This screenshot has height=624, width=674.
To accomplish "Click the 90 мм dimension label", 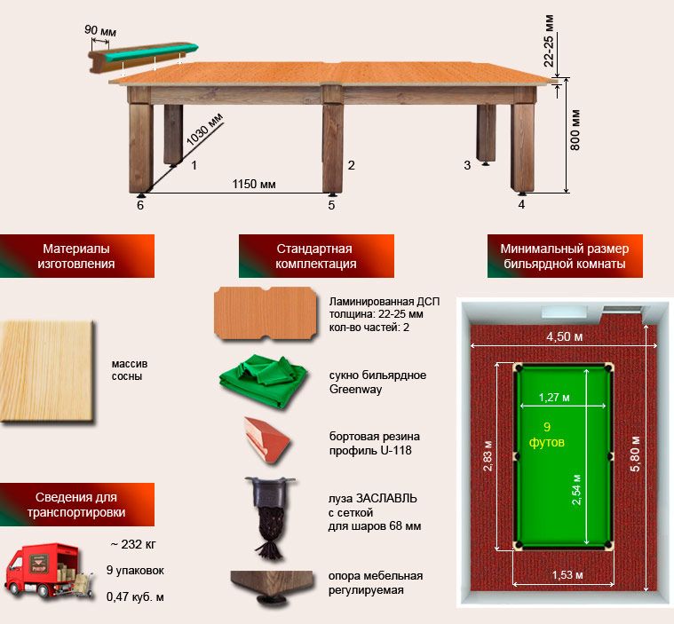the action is point(100,30).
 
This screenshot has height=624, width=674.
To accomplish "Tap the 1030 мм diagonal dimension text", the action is point(204,129).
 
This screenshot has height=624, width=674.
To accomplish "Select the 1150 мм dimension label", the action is point(254,184).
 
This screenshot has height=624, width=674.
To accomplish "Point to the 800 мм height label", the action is point(575,130).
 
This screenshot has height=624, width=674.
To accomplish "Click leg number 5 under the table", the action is point(331,205).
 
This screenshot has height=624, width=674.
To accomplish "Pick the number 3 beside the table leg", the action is point(467,165).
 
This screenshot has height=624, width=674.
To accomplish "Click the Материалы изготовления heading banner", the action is point(77,256).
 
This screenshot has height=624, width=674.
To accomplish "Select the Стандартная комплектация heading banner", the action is point(316,256).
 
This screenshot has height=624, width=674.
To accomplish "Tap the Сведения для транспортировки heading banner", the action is point(77,504).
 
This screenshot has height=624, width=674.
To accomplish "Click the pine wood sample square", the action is point(47,372).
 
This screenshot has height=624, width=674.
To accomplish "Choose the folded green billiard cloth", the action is point(263,380).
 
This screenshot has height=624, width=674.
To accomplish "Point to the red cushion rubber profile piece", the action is point(267,439).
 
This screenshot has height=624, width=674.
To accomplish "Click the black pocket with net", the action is point(269,517).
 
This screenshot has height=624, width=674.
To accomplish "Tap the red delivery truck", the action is point(48,572).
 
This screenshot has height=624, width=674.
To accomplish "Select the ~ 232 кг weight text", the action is point(133,544).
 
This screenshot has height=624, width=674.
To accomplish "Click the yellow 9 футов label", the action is point(546,434).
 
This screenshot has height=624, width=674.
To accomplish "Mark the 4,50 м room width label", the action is point(565,336).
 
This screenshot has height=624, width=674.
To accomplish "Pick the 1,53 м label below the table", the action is point(567,574).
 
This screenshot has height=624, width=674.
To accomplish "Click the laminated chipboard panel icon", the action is point(266,313).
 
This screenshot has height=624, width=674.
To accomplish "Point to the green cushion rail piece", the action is point(144,54).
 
